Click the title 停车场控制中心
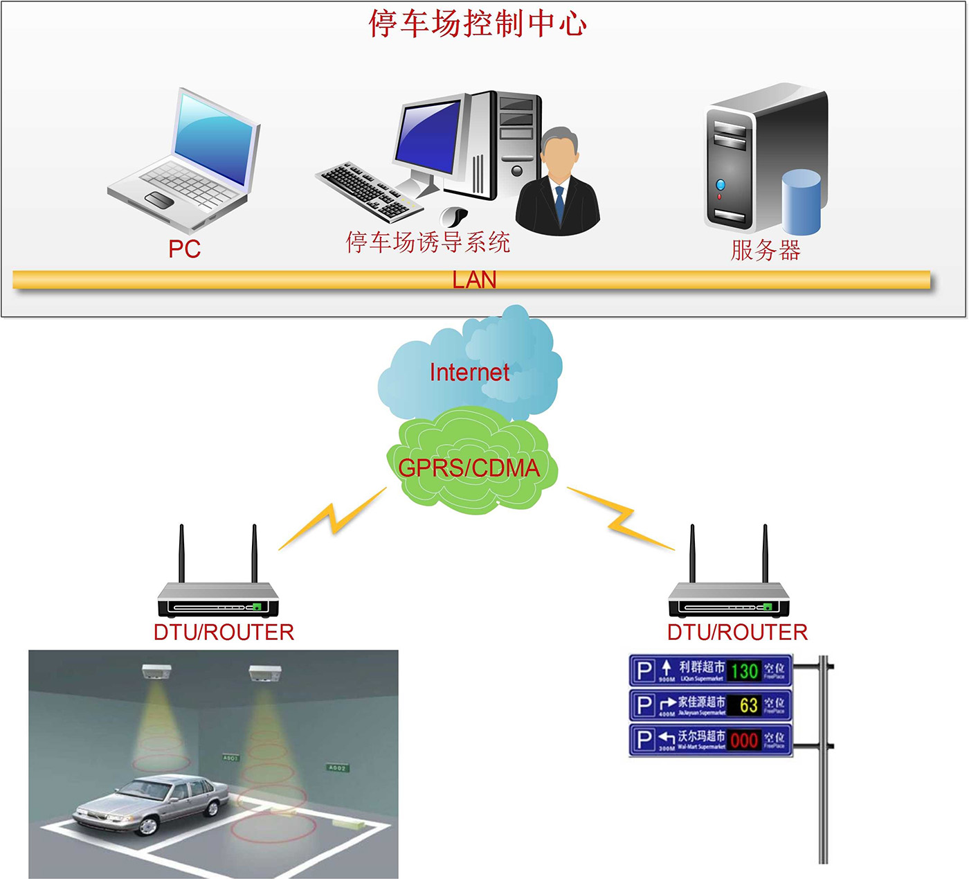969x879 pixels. (x=478, y=24)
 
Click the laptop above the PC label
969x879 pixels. (x=187, y=163)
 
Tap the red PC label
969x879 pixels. (x=184, y=249)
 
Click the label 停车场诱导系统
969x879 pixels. (x=428, y=242)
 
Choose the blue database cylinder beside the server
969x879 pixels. (x=802, y=202)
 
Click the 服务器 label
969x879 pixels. (x=766, y=249)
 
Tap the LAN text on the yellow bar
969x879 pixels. (x=475, y=280)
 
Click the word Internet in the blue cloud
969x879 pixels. (x=469, y=373)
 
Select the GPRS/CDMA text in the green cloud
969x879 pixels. (x=469, y=468)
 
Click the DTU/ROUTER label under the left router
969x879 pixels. (x=224, y=632)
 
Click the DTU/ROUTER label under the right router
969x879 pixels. (x=737, y=632)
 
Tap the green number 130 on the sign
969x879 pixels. (x=744, y=671)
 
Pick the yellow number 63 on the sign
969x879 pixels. (x=748, y=705)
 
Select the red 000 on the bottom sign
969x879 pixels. (x=744, y=740)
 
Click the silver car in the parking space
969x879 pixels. (x=152, y=803)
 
